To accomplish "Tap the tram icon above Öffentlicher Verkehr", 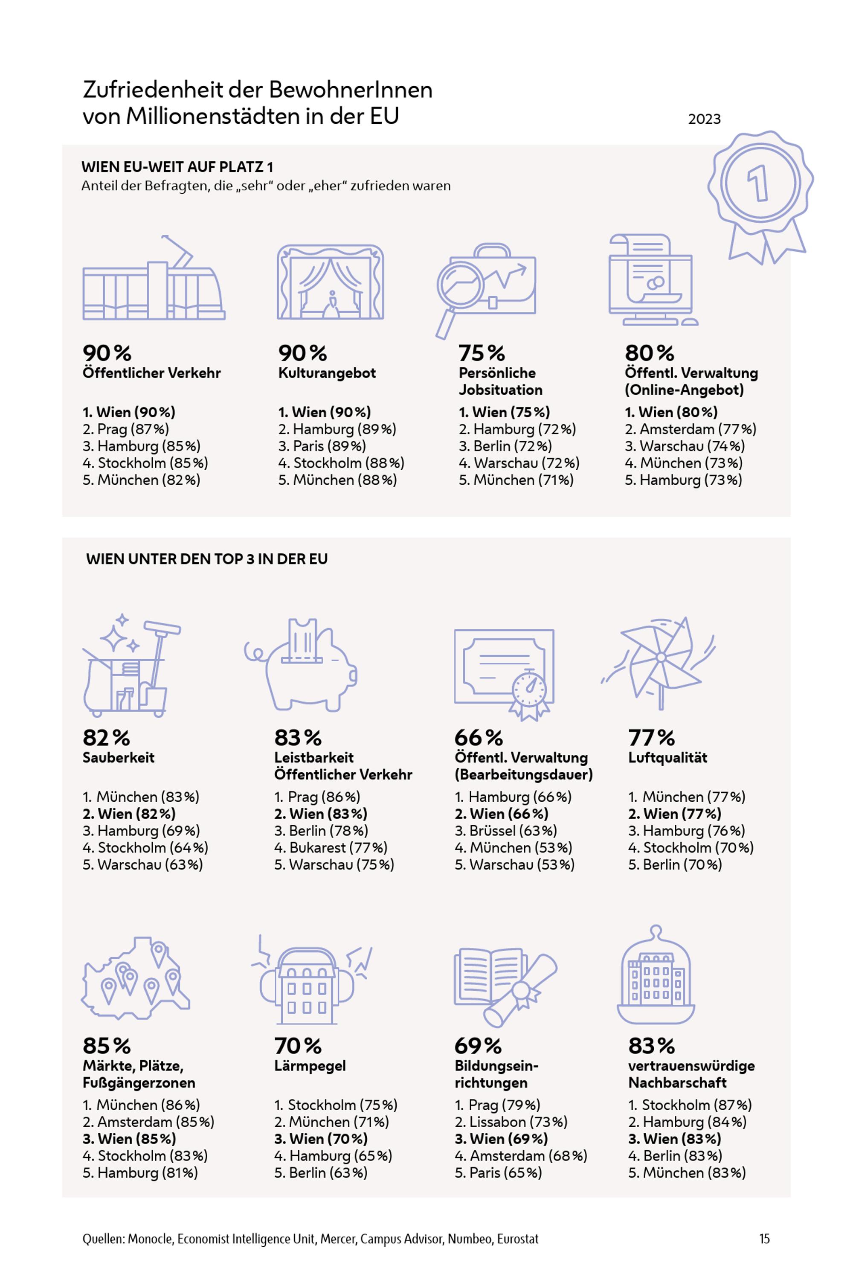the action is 154,278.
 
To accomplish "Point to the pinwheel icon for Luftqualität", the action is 659,663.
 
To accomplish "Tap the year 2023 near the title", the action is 704,119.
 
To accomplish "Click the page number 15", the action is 764,1239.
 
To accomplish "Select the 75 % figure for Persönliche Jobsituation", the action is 482,353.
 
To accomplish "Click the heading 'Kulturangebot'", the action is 327,373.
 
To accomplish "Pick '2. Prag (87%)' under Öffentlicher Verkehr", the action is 126,429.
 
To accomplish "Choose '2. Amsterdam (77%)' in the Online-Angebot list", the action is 691,429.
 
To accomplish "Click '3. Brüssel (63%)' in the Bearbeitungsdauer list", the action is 506,830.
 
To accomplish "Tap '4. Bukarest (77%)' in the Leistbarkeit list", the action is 331,847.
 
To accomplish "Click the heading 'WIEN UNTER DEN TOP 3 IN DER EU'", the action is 207,559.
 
